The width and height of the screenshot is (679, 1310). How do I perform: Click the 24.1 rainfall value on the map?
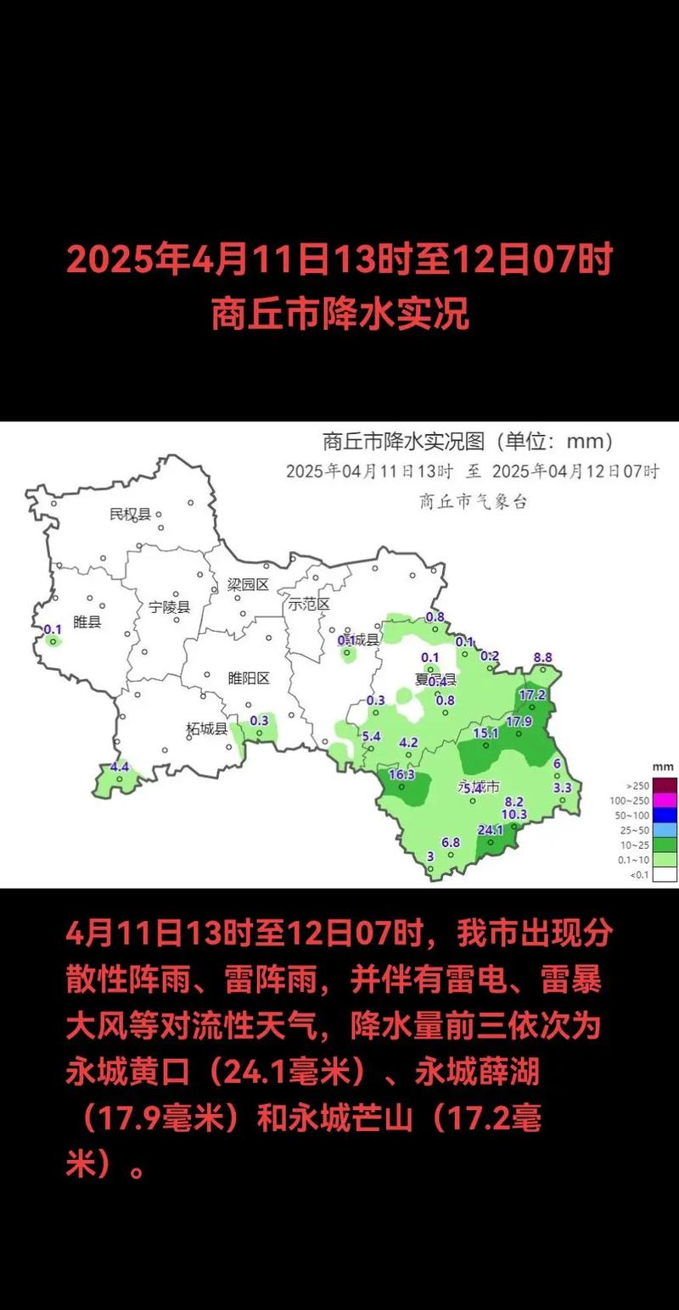click(491, 829)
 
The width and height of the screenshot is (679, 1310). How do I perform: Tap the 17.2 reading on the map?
click(532, 694)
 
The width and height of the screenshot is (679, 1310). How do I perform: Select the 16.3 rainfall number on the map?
click(401, 774)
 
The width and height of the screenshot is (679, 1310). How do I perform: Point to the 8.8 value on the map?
click(543, 656)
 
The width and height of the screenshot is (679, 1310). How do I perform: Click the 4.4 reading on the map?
click(120, 766)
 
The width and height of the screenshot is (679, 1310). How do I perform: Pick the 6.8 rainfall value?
click(451, 842)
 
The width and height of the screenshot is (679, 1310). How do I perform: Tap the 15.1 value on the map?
click(485, 733)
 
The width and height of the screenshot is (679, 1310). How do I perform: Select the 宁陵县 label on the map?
click(170, 607)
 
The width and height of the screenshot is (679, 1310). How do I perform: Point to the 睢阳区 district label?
click(249, 677)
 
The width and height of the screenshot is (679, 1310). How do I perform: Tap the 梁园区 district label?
click(248, 584)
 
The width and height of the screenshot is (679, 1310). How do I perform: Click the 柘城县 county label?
click(206, 728)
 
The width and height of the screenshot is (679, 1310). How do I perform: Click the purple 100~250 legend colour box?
click(665, 800)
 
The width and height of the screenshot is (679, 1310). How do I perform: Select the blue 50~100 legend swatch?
click(665, 814)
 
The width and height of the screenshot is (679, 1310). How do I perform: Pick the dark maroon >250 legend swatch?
click(665, 784)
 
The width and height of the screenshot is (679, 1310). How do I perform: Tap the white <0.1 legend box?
click(665, 873)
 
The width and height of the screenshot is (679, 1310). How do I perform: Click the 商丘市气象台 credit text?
click(473, 501)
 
